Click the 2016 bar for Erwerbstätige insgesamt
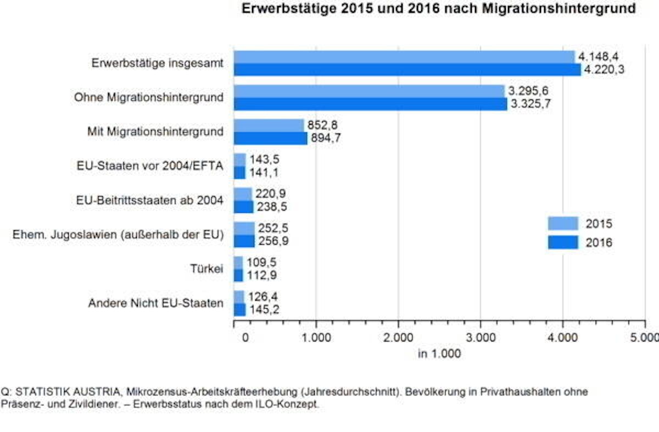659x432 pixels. click(407, 70)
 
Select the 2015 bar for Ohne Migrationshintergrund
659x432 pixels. click(369, 91)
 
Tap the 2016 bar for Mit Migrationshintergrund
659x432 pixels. click(271, 139)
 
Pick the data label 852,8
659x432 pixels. click(322, 125)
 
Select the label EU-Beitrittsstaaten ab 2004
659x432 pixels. click(150, 201)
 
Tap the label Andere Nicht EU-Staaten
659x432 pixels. click(156, 303)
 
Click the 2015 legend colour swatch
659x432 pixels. click(562, 224)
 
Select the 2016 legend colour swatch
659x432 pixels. click(562, 242)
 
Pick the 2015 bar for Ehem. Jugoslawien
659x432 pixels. click(244, 229)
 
